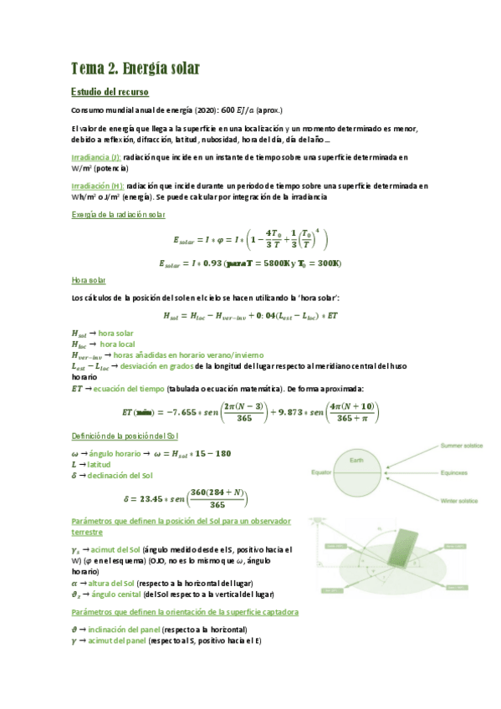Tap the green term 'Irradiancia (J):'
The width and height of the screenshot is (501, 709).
(96, 156)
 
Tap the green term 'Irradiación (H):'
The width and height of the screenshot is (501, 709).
(98, 186)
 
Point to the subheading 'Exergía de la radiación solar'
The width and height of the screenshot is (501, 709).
(118, 215)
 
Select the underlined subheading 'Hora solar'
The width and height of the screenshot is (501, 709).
(89, 280)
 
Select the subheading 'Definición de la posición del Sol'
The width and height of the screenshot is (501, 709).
(125, 436)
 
